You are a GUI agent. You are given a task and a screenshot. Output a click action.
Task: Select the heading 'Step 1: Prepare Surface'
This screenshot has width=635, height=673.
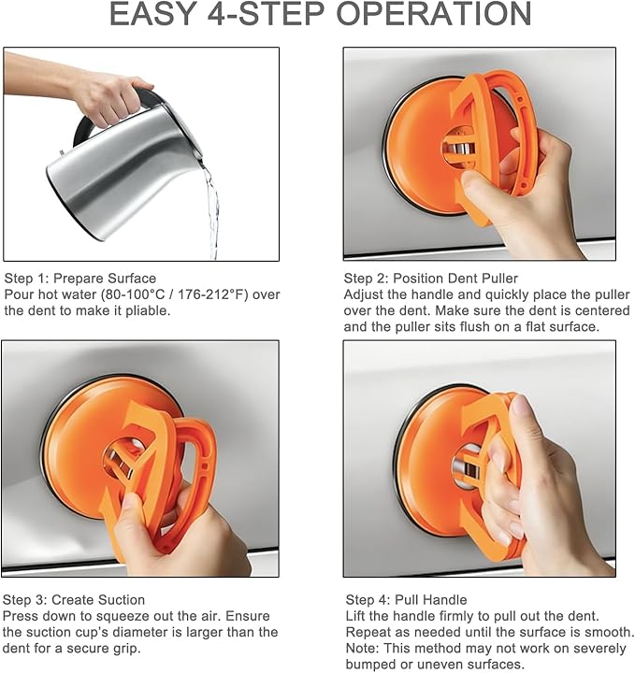click(80, 279)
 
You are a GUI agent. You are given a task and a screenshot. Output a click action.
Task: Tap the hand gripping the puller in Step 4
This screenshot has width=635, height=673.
click(542, 486)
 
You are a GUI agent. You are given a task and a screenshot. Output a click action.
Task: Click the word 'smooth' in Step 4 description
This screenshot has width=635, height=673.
click(591, 632)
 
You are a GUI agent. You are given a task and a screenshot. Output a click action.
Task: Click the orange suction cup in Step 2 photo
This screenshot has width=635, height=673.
click(416, 140)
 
